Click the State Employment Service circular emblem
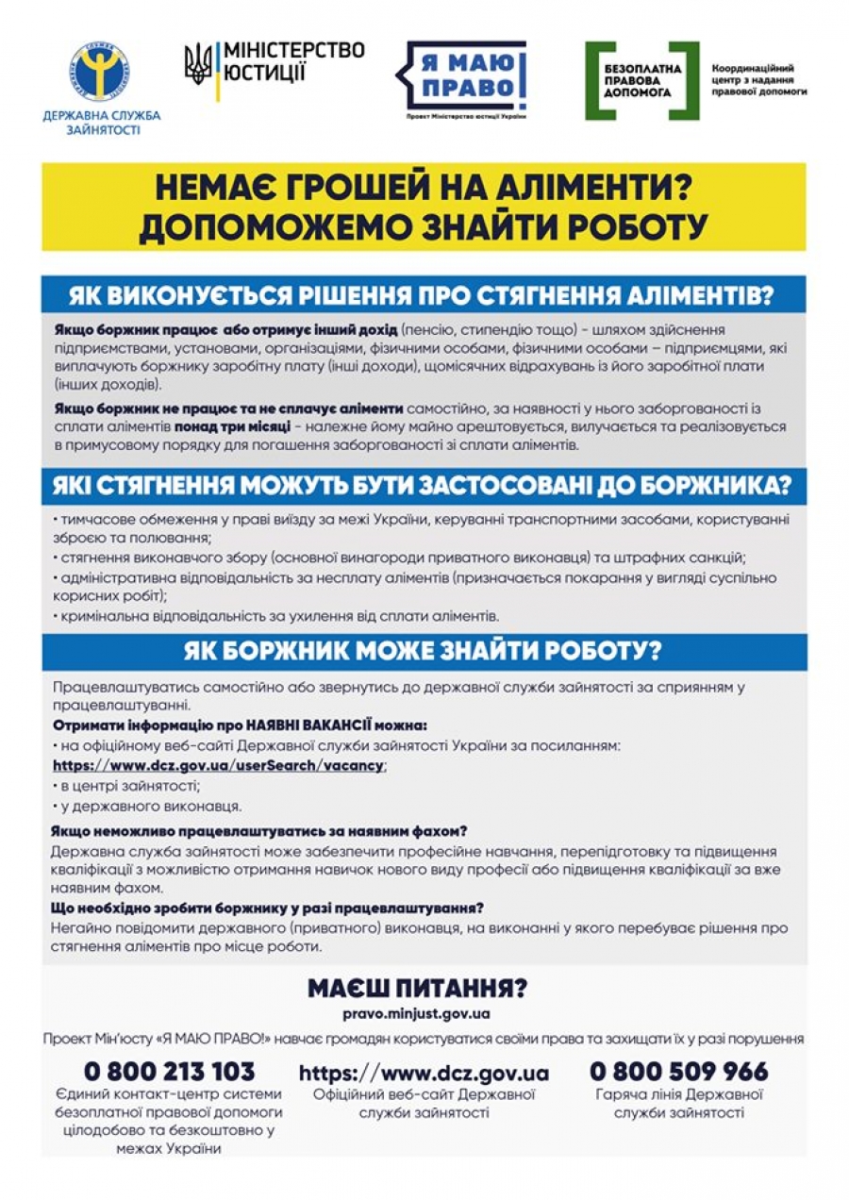(99, 73)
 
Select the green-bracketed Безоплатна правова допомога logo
(642, 80)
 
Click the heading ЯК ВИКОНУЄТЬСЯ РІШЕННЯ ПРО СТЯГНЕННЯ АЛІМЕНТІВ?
(424, 295)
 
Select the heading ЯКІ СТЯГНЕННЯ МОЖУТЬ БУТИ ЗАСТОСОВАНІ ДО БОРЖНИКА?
(424, 487)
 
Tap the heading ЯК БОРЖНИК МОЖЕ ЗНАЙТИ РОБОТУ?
(424, 652)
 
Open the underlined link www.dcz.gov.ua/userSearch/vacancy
(219, 765)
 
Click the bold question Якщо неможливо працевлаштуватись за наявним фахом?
(260, 830)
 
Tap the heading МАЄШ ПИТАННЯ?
(417, 989)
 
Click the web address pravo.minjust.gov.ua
(417, 1014)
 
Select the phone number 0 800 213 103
(170, 1072)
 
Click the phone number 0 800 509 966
(678, 1072)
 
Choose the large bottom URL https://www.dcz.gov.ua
(424, 1074)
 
